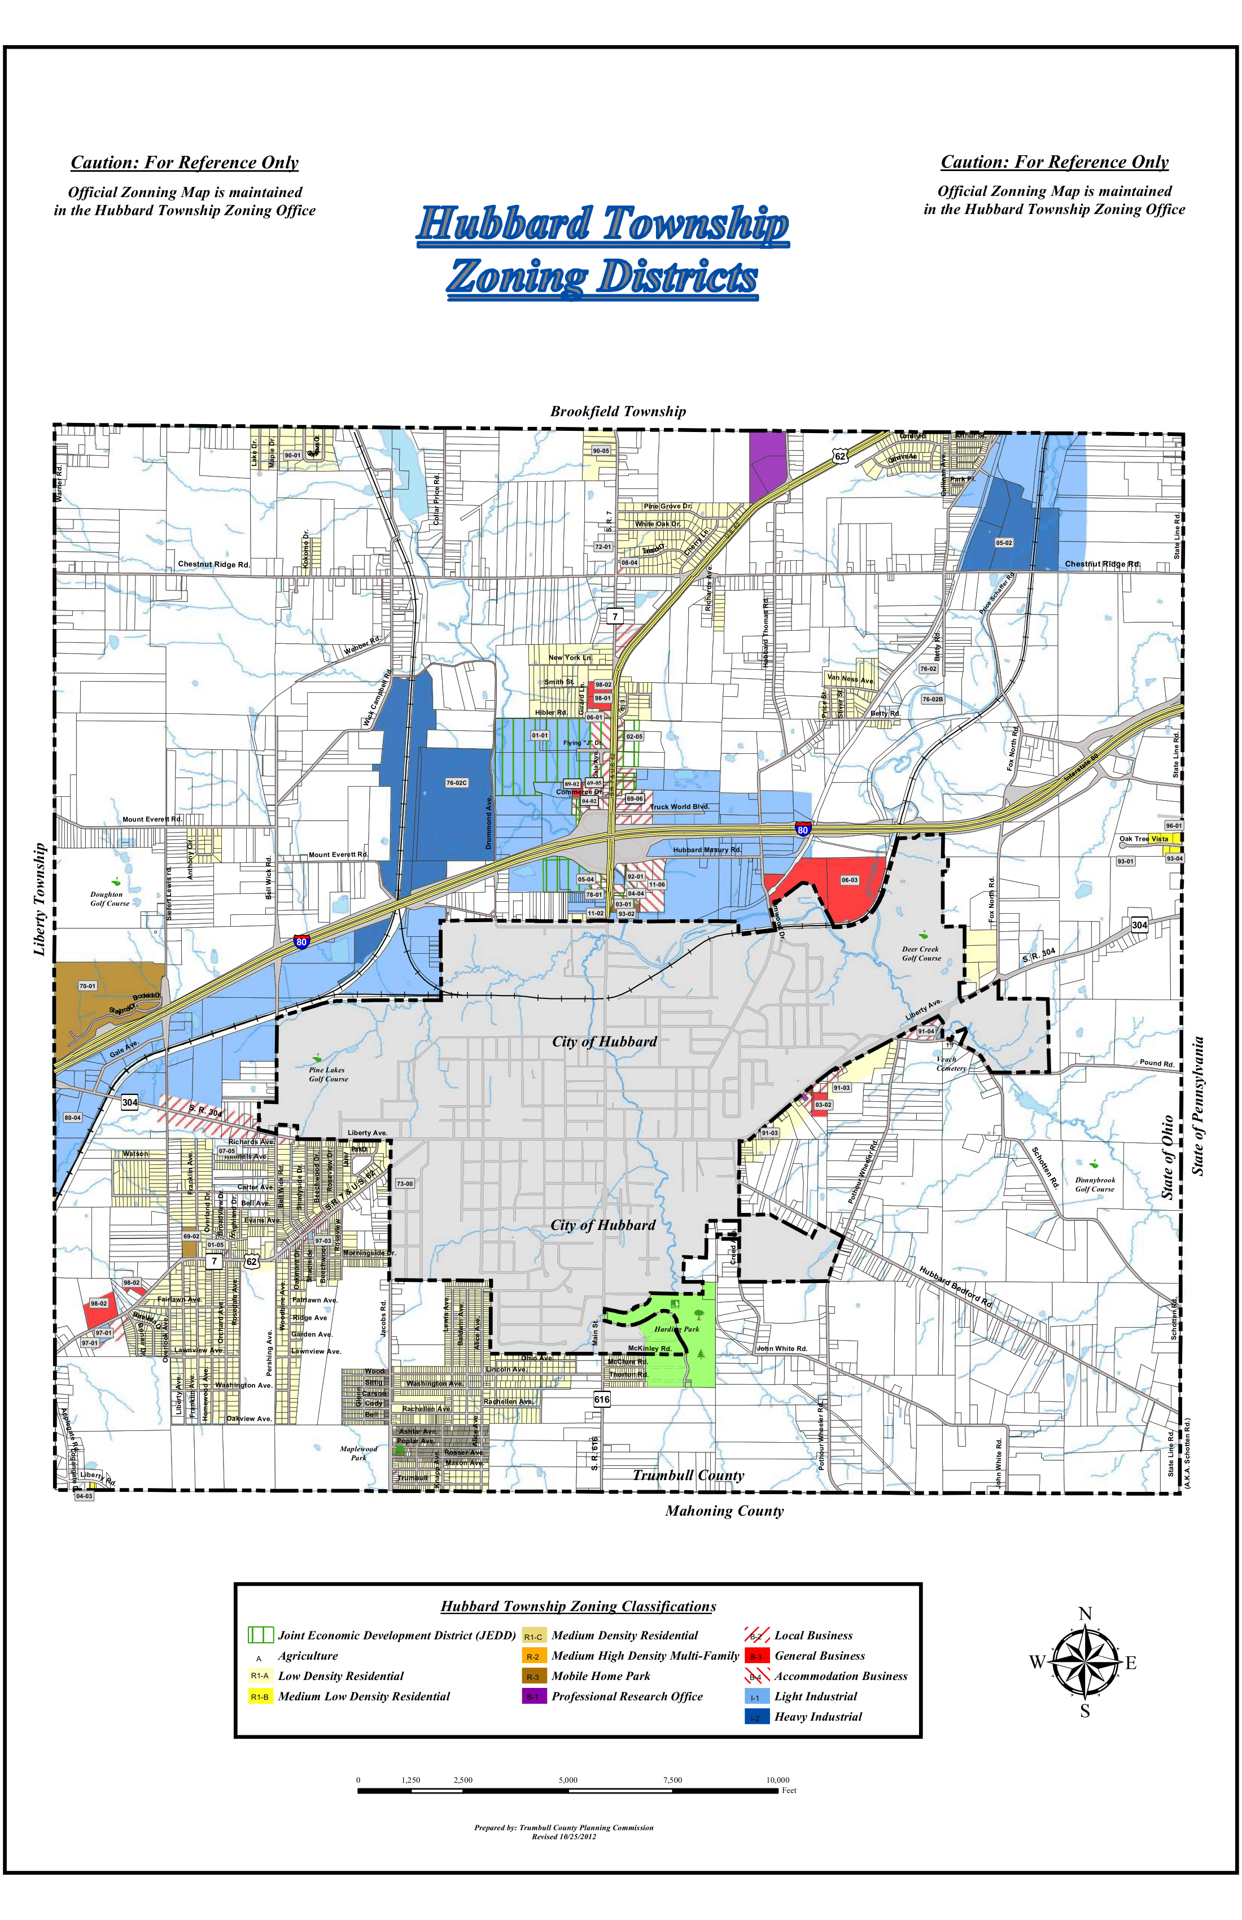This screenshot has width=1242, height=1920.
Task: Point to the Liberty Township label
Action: pos(40,900)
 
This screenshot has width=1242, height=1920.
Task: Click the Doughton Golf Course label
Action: pos(109,898)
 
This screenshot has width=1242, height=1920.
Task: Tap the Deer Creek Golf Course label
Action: pos(921,954)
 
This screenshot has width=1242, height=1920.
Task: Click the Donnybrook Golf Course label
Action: pos(1095,1184)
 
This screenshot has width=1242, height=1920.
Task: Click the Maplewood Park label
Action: pos(358,1453)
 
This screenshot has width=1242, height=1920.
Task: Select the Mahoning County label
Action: pos(724,1511)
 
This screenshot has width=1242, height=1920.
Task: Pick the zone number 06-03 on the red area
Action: pos(849,880)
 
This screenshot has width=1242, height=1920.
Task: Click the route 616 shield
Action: pos(602,1400)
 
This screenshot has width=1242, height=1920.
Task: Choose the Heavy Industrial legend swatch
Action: pos(756,1717)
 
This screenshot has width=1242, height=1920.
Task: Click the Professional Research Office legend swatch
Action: pos(533,1696)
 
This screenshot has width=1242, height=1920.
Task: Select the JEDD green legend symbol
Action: pos(260,1635)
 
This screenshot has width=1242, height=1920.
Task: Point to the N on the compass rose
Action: pos(1084,1614)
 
